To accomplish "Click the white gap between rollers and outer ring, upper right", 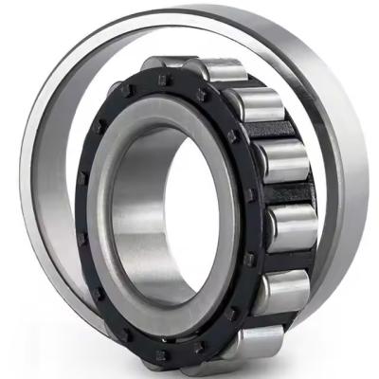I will click(303, 114).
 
